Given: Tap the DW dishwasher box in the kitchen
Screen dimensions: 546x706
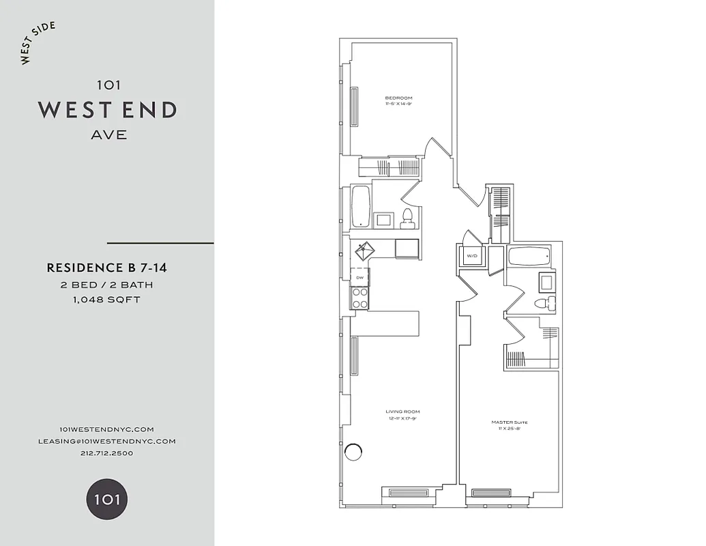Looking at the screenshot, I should click(359, 276).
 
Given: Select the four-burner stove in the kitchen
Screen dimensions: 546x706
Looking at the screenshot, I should click(359, 298).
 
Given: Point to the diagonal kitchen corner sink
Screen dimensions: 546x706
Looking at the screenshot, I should click(364, 250).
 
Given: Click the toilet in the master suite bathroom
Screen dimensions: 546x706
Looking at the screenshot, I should click(543, 304).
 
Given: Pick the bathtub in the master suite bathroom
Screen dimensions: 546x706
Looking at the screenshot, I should click(529, 257).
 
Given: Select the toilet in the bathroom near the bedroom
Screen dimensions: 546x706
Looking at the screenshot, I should click(407, 218).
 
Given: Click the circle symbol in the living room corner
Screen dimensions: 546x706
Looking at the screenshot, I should click(353, 451).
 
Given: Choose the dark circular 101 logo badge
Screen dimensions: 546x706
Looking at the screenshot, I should click(106, 499).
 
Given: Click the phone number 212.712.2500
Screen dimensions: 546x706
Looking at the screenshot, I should click(106, 453).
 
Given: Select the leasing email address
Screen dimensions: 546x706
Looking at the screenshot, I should click(106, 441).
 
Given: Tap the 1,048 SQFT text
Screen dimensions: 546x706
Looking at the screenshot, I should click(106, 300).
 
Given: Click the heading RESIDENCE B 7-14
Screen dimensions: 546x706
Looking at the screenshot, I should click(106, 268).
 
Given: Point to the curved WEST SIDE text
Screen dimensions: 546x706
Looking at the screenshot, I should click(38, 44).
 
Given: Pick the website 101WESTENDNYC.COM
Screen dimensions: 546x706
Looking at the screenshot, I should click(106, 429).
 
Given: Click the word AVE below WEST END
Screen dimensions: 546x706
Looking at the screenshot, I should click(108, 134).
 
